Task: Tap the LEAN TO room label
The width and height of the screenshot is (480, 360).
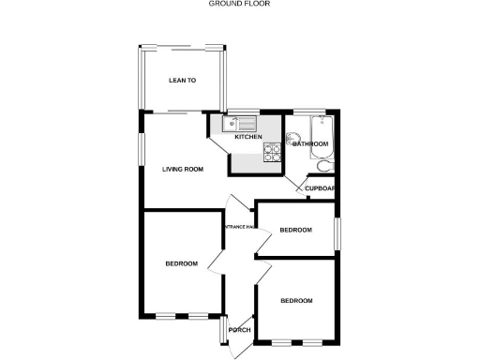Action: [182, 81]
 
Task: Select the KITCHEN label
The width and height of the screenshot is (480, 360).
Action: [248, 137]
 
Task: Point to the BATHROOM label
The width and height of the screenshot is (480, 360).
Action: [310, 144]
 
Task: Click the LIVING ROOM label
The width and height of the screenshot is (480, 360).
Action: [182, 170]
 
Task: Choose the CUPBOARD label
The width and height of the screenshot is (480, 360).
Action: [321, 188]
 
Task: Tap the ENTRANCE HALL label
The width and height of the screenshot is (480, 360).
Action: [238, 226]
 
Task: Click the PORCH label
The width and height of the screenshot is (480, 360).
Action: [239, 329]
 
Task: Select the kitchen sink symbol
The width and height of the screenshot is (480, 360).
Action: [240, 123]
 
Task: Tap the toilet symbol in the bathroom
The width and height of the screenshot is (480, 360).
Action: [323, 166]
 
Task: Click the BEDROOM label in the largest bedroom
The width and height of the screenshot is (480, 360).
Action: [181, 263]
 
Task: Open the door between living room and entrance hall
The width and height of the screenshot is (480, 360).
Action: [236, 203]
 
